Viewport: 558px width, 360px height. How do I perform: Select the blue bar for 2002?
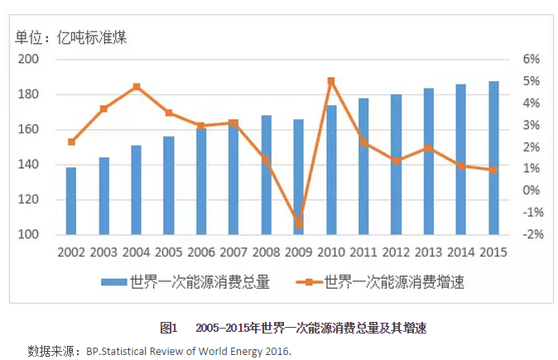point(71,201)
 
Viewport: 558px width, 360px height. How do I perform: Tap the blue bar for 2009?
point(298,177)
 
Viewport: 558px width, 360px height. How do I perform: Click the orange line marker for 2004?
point(136,87)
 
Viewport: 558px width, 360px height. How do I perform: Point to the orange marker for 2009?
point(298,223)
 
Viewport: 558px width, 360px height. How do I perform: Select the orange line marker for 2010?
point(330,81)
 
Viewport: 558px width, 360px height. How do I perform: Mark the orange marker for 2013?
point(428,148)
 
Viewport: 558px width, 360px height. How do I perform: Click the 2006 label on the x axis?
point(200,250)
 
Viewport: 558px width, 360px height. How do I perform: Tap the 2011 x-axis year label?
point(363,250)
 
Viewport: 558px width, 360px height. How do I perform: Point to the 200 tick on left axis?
point(28,60)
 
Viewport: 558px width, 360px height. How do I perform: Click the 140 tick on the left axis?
point(28,165)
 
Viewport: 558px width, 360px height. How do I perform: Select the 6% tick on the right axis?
point(531,60)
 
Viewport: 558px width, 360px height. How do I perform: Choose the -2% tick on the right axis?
point(529,234)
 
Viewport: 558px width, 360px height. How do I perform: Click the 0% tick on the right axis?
point(531,190)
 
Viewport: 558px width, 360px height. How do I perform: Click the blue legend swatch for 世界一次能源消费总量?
point(114,281)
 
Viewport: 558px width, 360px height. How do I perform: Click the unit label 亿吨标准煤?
point(90,36)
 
